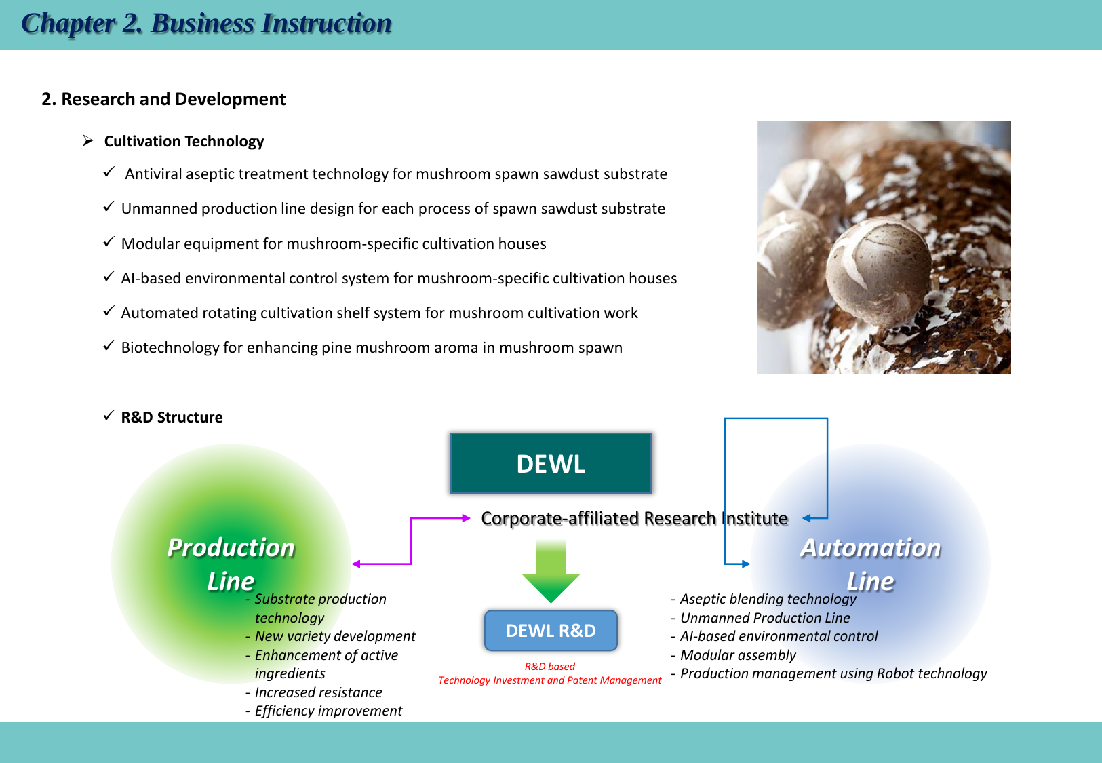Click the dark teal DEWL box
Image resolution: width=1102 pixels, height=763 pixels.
(551, 463)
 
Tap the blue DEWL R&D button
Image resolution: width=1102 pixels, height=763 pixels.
(551, 631)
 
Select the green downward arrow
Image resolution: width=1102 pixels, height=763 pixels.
(551, 573)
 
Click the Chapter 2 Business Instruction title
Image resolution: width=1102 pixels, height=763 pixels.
(206, 24)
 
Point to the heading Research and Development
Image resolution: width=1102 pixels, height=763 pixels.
(163, 99)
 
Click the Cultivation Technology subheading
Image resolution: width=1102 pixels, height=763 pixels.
(184, 141)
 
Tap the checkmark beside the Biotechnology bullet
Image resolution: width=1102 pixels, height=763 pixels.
(109, 346)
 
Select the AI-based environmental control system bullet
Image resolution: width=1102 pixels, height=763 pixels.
(399, 278)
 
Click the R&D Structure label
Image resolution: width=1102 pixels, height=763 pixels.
(172, 417)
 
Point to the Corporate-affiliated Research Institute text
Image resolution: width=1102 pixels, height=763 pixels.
(634, 518)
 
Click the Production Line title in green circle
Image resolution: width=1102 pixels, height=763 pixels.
(231, 564)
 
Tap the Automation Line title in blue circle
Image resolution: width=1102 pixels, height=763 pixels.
(870, 564)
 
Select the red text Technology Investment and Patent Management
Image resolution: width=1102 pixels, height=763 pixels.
(549, 680)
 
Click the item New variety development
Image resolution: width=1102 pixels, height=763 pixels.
(335, 636)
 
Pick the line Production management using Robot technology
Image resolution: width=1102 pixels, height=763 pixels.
(833, 673)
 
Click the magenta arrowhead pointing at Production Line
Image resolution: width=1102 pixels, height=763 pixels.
(356, 564)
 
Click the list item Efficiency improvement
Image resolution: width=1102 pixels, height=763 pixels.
(328, 711)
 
